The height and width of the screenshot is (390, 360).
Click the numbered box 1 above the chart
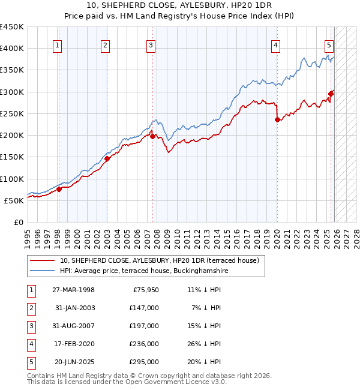(58, 44)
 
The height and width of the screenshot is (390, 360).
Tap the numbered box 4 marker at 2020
(275, 44)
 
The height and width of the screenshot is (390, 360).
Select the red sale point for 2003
(107, 159)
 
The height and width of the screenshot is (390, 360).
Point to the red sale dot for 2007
(152, 136)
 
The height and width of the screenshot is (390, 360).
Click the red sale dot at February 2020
(277, 119)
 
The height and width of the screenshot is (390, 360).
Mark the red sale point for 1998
(59, 190)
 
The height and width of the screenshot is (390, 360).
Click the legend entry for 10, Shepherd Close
(159, 260)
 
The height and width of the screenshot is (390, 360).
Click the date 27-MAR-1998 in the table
(73, 290)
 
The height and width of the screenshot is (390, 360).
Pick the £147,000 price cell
(145, 307)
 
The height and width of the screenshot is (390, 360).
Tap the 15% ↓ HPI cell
(205, 326)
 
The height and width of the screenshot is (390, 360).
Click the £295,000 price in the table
(145, 362)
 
